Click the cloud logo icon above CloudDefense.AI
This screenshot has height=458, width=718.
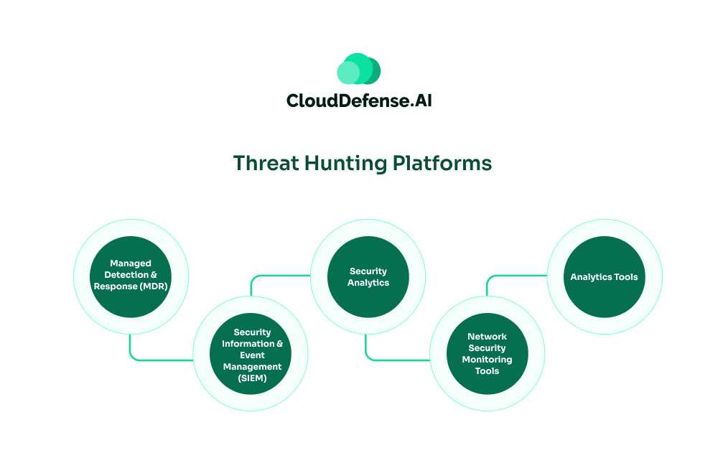click(358, 69)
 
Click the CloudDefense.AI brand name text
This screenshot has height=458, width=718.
click(359, 101)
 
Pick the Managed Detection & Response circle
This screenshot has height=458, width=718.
click(131, 276)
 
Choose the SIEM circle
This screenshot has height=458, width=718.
click(251, 355)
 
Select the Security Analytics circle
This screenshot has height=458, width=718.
click(368, 276)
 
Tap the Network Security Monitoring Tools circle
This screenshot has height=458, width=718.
click(487, 354)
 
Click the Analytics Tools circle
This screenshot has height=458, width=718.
click(604, 276)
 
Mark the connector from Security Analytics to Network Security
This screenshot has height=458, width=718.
click(388, 358)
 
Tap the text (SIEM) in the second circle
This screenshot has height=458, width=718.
click(251, 378)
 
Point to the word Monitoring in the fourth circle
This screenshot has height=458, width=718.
click(487, 360)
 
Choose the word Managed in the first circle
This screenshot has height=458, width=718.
click(130, 263)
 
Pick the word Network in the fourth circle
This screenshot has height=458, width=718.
click(487, 336)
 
